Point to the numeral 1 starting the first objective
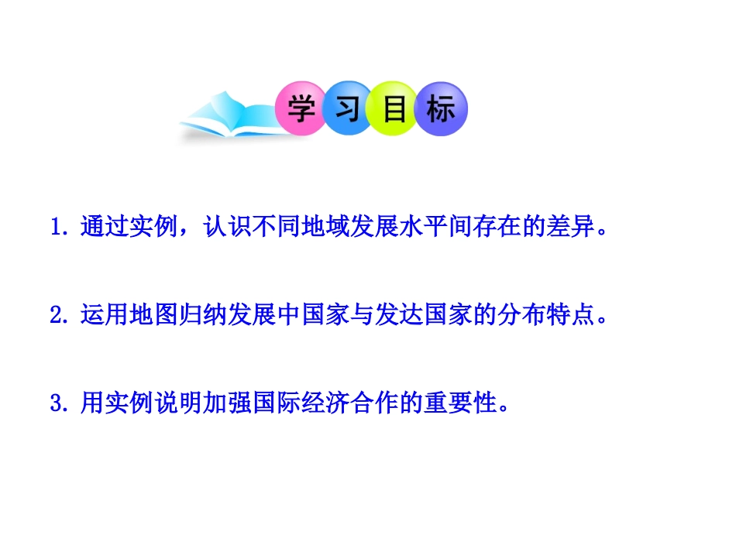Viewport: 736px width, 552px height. [x=55, y=228]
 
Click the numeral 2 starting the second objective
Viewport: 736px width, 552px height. [x=55, y=316]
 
